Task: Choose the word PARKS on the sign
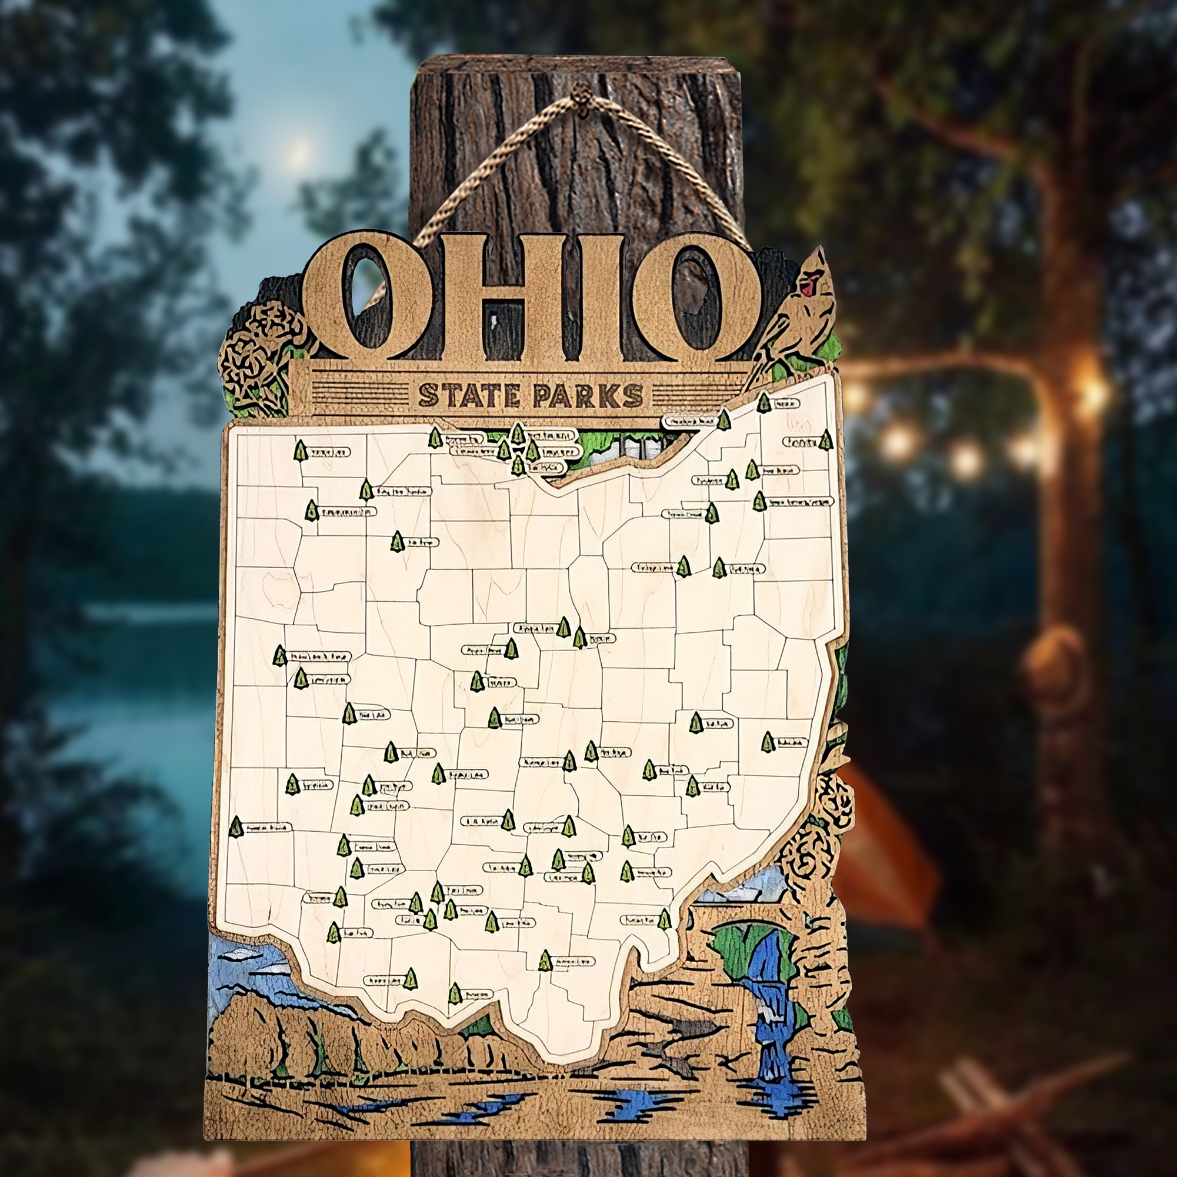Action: tap(588, 396)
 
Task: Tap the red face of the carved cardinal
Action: tap(811, 284)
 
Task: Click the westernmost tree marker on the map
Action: tap(236, 826)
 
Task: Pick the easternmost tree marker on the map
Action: tap(825, 440)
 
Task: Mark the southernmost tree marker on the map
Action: tap(455, 993)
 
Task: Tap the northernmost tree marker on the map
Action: tap(763, 403)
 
